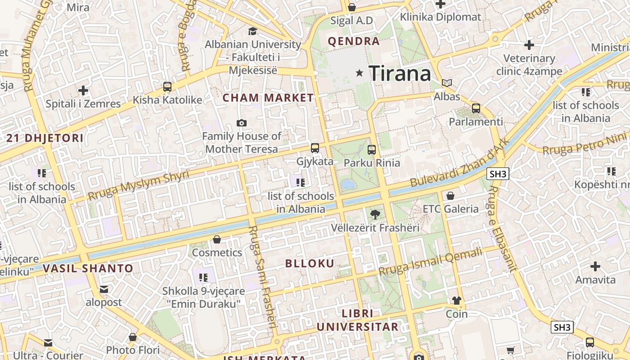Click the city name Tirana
pos(400,73)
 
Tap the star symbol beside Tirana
pos(359,73)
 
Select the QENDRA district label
pos(354,41)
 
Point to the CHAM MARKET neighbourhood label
pos(268,98)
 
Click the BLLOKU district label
pos(310,264)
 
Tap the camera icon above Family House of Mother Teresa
pos(242,123)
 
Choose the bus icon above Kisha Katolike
pos(167,86)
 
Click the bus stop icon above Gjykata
pos(315,148)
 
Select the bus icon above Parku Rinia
pos(372,149)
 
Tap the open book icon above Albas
pos(447,83)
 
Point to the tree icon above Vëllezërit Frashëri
pos(375,215)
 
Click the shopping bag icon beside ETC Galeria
pos(450,196)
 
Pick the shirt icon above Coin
pos(457,301)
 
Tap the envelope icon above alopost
pos(104,289)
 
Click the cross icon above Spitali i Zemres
pos(83,90)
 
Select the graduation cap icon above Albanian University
pos(252,31)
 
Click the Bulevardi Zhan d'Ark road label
pos(460,163)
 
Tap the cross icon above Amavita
pos(595,266)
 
